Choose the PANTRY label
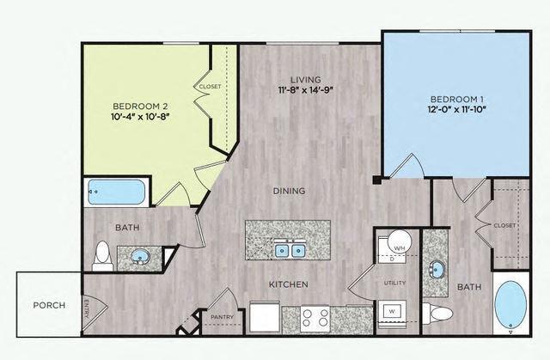point(222,317)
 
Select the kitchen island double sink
point(290,251)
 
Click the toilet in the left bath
point(103,253)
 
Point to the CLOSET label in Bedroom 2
point(211,87)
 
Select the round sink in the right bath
point(437,269)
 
